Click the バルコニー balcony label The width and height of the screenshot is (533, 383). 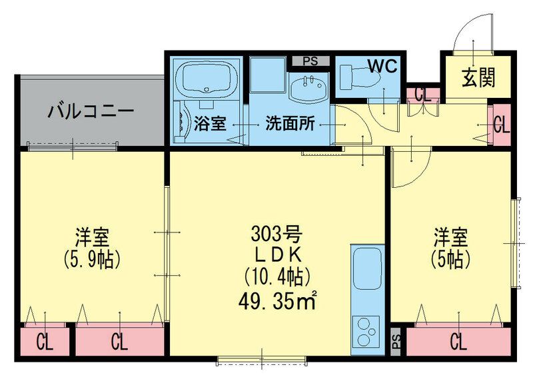click(x=91, y=111)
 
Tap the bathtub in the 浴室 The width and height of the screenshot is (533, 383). click(x=207, y=79)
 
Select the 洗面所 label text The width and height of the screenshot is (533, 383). click(x=290, y=123)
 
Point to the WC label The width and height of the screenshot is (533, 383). click(x=382, y=68)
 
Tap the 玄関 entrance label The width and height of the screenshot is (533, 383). click(x=478, y=79)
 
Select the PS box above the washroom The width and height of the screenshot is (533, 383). click(x=310, y=61)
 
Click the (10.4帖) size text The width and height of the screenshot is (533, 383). click(x=277, y=274)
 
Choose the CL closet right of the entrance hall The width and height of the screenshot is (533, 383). click(x=501, y=124)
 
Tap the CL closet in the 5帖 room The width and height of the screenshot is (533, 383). click(x=458, y=342)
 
